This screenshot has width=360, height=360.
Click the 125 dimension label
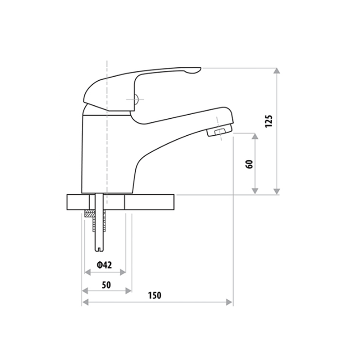269,121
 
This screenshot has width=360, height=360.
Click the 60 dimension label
249,165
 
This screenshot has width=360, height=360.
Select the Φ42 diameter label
104,265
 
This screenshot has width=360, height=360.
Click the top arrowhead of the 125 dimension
277,71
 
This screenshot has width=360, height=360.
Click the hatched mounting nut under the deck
89,214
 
